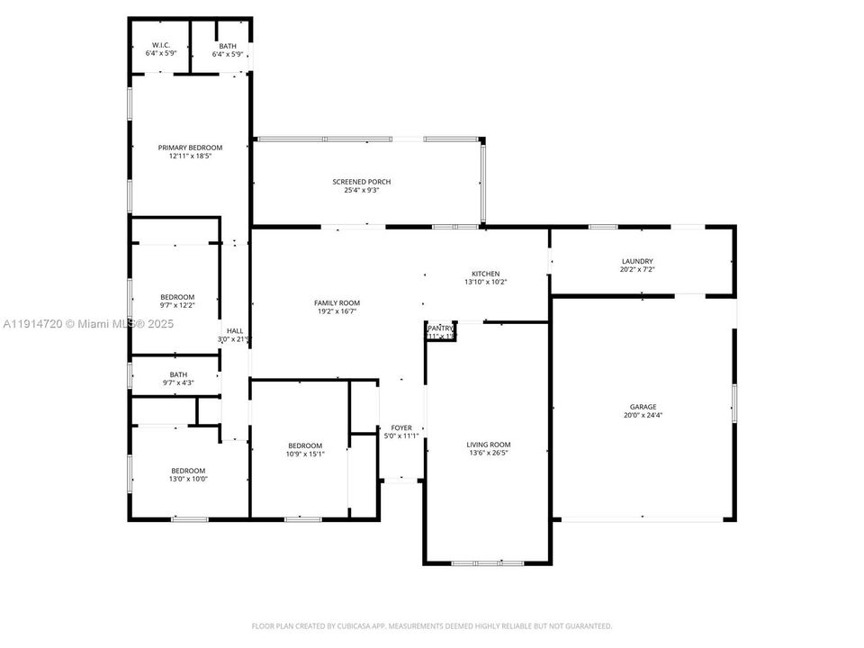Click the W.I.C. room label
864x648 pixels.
pos(161,45)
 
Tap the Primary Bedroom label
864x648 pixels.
pos(190,148)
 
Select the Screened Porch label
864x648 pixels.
pos(362,182)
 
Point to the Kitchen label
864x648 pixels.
pos(486,274)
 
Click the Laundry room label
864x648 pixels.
pos(636,261)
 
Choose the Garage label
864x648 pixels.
pos(643,407)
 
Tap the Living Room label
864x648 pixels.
pos(489,445)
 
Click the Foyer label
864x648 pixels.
pos(400,427)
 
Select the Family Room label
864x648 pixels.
pos(337,303)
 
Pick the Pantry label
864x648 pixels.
pos(441,329)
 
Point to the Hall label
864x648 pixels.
pos(234,331)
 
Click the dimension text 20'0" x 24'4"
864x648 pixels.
pos(643,416)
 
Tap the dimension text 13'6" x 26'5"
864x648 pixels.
pos(489,454)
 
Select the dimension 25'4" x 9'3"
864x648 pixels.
pos(362,190)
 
